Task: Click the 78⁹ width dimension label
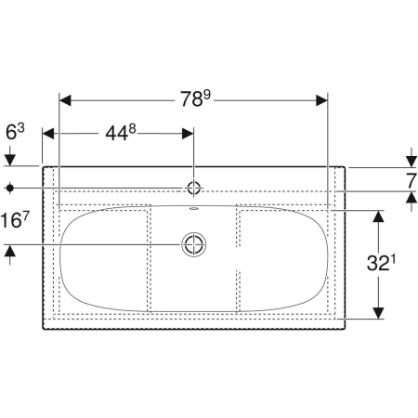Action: point(195,98)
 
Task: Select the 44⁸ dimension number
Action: point(121,133)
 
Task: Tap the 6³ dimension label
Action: point(15,132)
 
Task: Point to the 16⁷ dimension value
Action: point(15,220)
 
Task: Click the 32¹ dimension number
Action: point(381,263)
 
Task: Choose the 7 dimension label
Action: point(411,181)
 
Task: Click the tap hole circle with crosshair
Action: point(194,188)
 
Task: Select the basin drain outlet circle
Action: point(194,244)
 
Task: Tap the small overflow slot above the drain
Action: point(194,208)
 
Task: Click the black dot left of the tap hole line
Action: point(10,188)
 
